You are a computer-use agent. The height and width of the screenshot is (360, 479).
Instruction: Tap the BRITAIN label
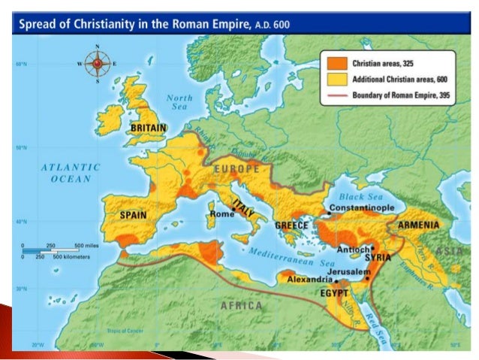(148, 129)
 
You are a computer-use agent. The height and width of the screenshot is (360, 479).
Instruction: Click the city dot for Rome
(233, 213)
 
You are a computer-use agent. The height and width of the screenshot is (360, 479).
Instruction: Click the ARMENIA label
(419, 223)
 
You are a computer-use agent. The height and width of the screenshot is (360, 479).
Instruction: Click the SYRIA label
(378, 257)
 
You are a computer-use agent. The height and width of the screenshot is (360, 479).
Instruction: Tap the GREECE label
(292, 225)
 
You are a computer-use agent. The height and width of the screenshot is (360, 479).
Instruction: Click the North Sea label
(179, 103)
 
